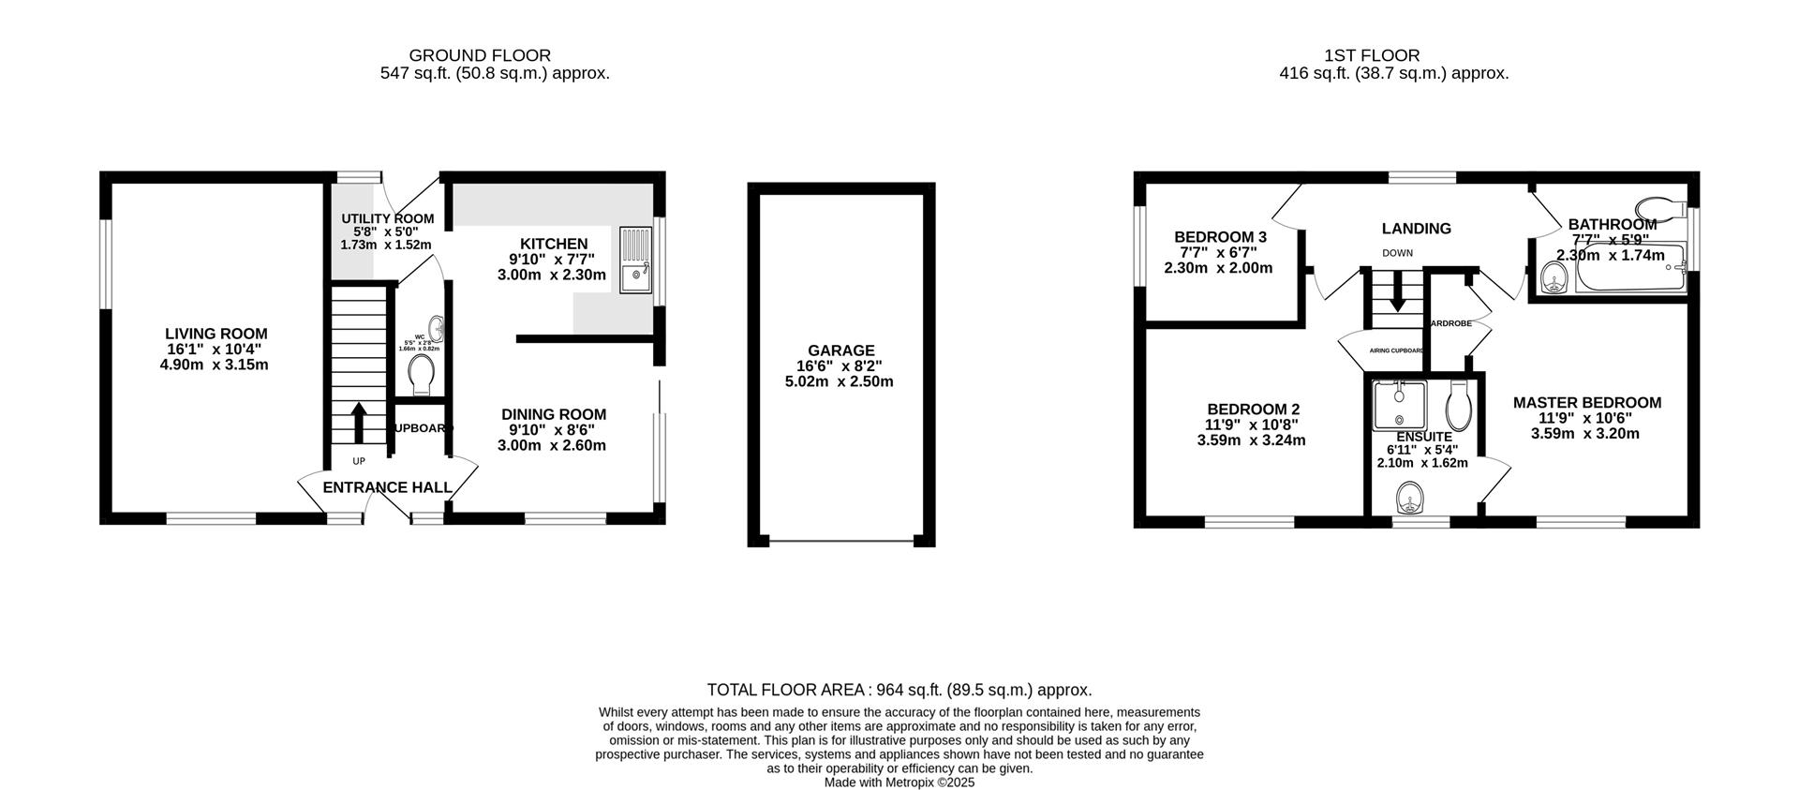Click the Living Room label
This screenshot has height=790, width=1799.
[216, 334]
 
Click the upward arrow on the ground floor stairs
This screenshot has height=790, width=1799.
[359, 423]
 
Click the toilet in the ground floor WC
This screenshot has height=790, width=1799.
[423, 375]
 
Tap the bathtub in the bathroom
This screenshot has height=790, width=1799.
[1630, 276]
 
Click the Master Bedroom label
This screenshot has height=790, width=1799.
[1586, 403]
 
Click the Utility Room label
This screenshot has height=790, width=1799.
[387, 218]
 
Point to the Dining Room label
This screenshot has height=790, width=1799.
[553, 414]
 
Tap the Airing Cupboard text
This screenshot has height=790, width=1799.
[1396, 350]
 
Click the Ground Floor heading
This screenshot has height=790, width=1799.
[480, 55]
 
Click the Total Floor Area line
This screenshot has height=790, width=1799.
[899, 690]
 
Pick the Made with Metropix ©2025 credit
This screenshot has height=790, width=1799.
[899, 782]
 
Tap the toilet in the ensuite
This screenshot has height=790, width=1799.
[1459, 404]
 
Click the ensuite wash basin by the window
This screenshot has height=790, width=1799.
[1408, 494]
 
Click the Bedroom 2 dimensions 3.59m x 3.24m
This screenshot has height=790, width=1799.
[1252, 440]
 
